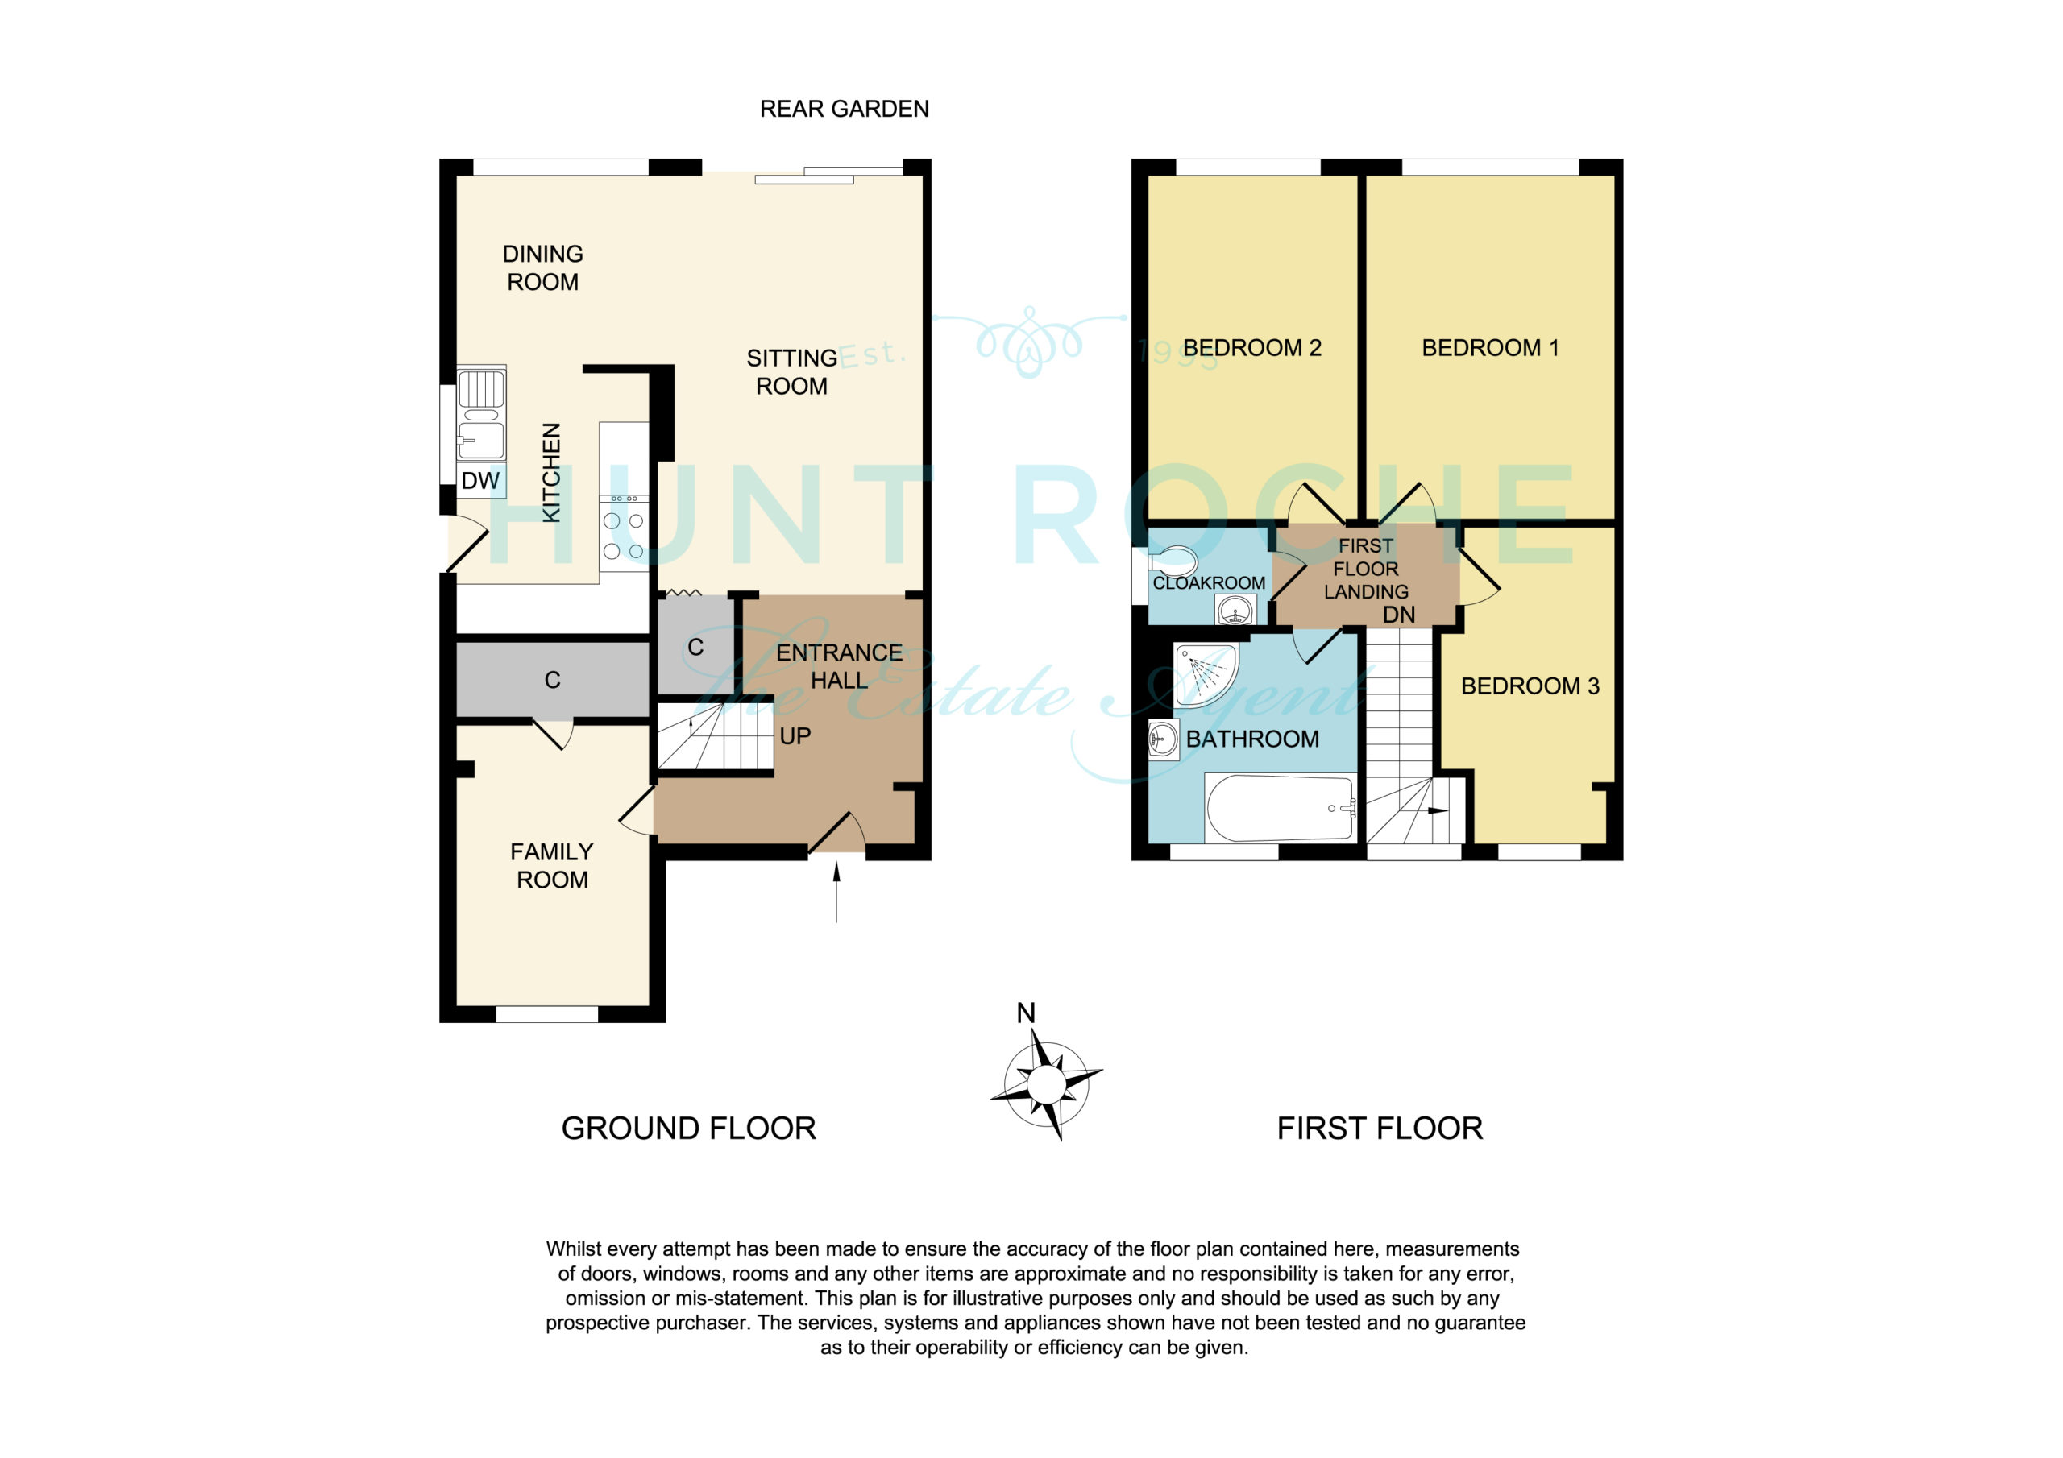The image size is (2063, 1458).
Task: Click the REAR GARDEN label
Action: (x=844, y=109)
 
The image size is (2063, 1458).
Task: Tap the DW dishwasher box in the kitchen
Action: (x=481, y=481)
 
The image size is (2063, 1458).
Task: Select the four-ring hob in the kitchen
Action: (x=624, y=532)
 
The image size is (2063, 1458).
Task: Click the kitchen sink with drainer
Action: (x=482, y=413)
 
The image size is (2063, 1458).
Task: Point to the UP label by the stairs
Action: (x=795, y=736)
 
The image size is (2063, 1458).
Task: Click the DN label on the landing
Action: (x=1399, y=615)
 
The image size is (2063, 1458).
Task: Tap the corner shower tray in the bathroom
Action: (x=1206, y=675)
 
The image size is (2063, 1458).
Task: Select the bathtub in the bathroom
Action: (x=1280, y=806)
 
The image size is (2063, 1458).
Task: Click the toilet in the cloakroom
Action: (x=1173, y=562)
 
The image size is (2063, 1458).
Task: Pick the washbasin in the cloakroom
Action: (x=1235, y=611)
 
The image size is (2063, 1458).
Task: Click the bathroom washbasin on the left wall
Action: (x=1164, y=739)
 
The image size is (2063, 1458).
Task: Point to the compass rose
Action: (x=1047, y=1084)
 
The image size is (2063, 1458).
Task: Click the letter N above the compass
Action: (x=1026, y=1013)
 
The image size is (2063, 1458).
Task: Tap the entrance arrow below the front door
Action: (x=836, y=892)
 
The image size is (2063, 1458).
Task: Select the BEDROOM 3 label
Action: (x=1530, y=686)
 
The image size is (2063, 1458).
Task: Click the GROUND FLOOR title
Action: (x=688, y=1129)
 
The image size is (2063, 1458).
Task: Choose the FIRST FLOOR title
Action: (x=1380, y=1129)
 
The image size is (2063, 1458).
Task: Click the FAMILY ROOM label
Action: (x=552, y=865)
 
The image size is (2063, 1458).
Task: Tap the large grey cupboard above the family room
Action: (x=553, y=680)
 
